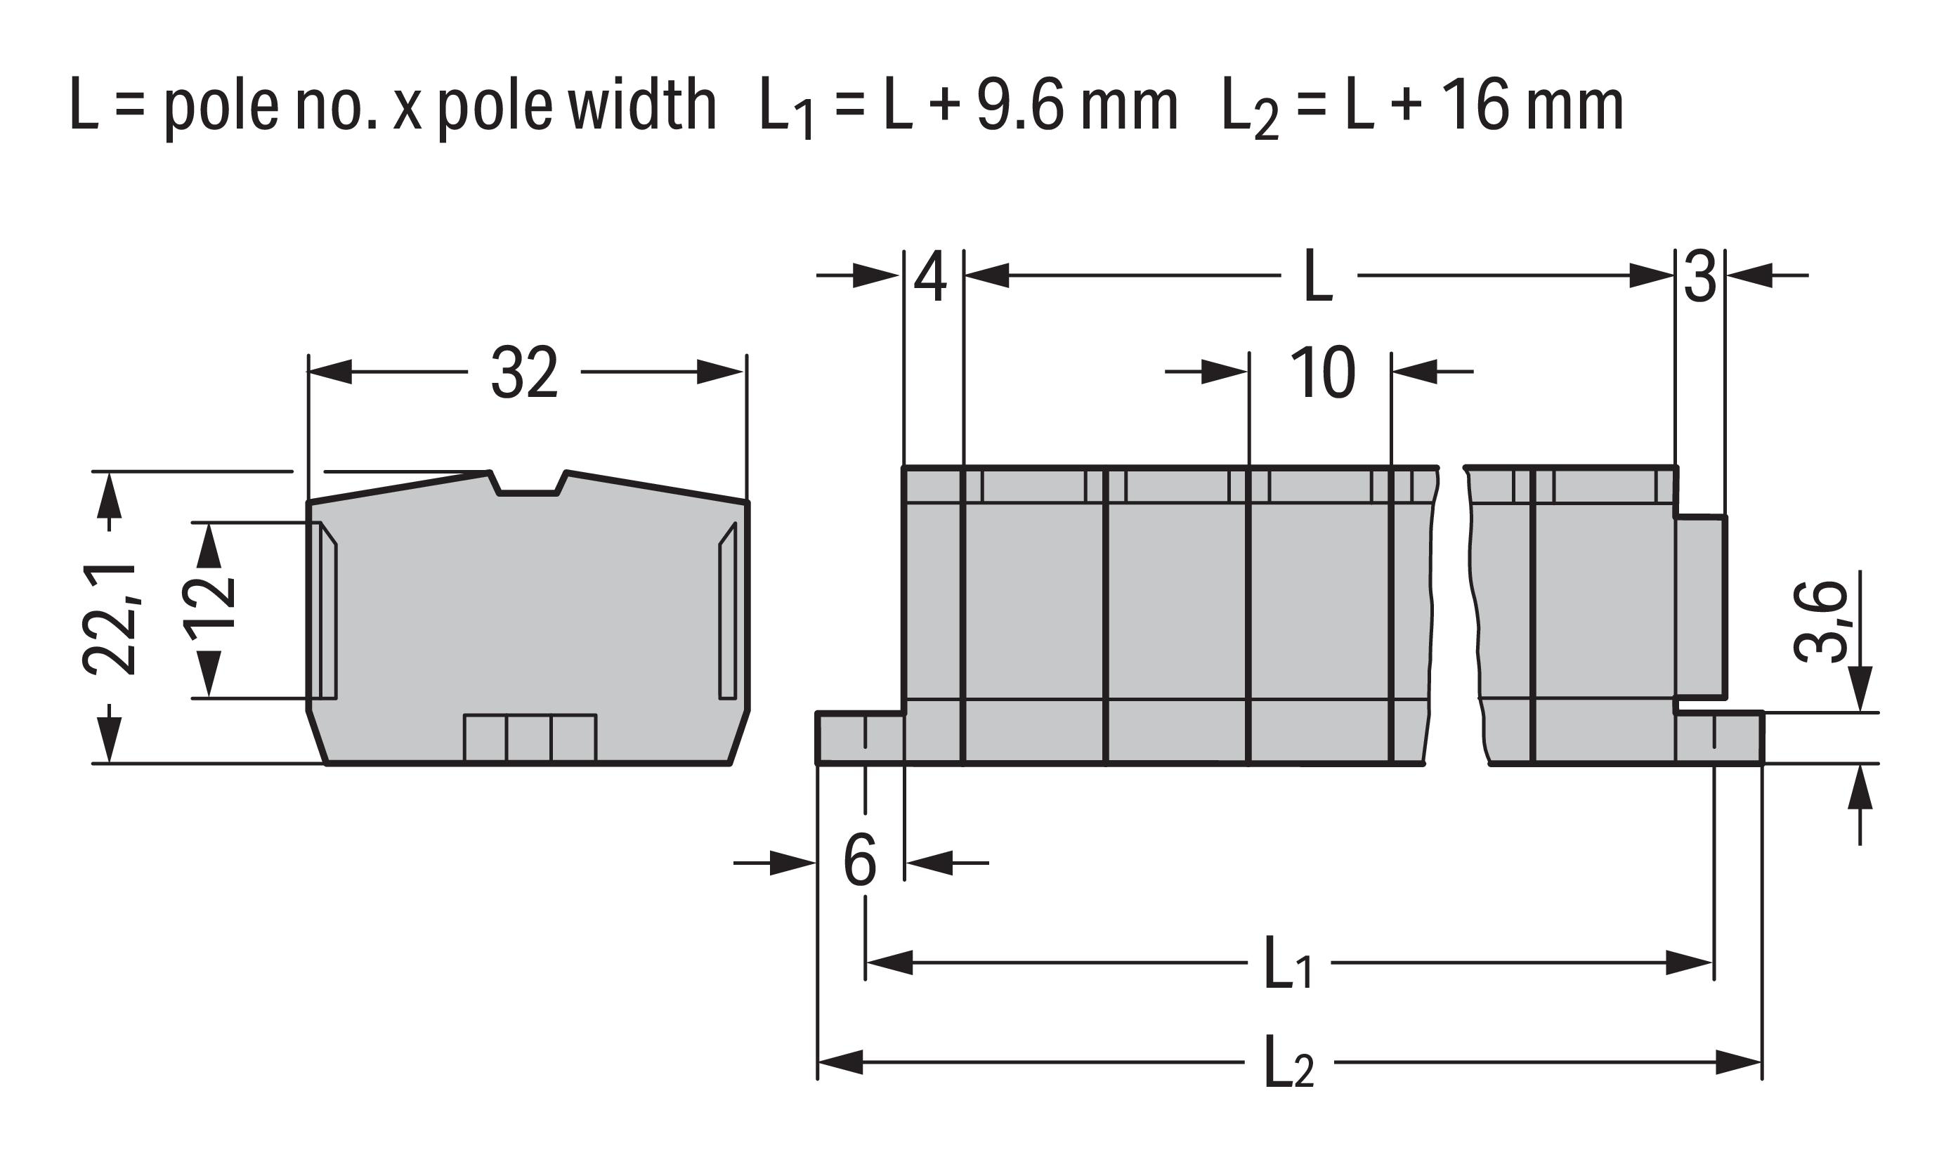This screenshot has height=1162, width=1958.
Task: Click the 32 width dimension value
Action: coord(525,373)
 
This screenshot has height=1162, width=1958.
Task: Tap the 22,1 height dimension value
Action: coord(110,618)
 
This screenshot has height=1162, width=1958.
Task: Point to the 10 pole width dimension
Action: coord(1321,373)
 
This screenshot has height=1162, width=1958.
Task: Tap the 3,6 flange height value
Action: coord(1821,622)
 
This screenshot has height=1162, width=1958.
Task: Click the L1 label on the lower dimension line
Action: coord(1288,962)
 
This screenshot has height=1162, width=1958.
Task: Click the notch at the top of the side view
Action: coord(528,483)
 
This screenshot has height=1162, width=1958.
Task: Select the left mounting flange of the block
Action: coord(861,738)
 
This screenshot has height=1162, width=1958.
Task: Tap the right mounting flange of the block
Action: coord(1718,738)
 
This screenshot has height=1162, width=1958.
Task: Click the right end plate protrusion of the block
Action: coord(1699,607)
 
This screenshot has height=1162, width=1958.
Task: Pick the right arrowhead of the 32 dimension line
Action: coord(720,372)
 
